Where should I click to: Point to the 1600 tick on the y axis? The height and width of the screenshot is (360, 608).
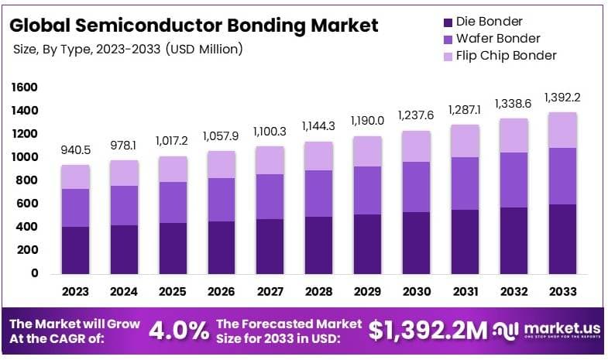25,87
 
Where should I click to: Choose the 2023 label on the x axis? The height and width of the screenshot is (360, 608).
76,292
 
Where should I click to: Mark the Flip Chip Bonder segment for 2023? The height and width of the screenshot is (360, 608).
76,177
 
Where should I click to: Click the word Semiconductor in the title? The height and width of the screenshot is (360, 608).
150,26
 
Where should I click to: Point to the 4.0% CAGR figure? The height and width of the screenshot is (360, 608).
178,331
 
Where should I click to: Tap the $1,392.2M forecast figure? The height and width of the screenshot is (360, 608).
428,331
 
